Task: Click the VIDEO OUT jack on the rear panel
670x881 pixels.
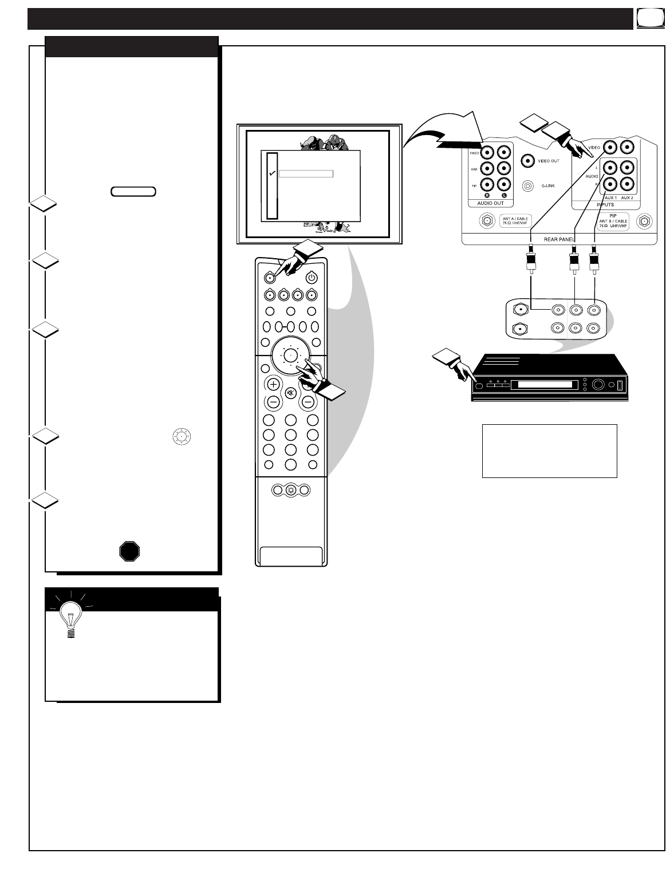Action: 528,161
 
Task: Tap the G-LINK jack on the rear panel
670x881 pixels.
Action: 528,185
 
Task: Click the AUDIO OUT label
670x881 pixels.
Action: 490,203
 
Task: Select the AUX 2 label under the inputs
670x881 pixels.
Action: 627,197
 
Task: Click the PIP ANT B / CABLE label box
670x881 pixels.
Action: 612,221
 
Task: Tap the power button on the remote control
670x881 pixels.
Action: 311,278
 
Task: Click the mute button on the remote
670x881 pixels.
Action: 290,393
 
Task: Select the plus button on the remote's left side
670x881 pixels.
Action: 273,384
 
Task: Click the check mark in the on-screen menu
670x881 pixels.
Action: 273,173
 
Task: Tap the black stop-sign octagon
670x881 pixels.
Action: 130,551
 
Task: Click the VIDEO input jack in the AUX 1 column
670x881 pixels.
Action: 610,148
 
